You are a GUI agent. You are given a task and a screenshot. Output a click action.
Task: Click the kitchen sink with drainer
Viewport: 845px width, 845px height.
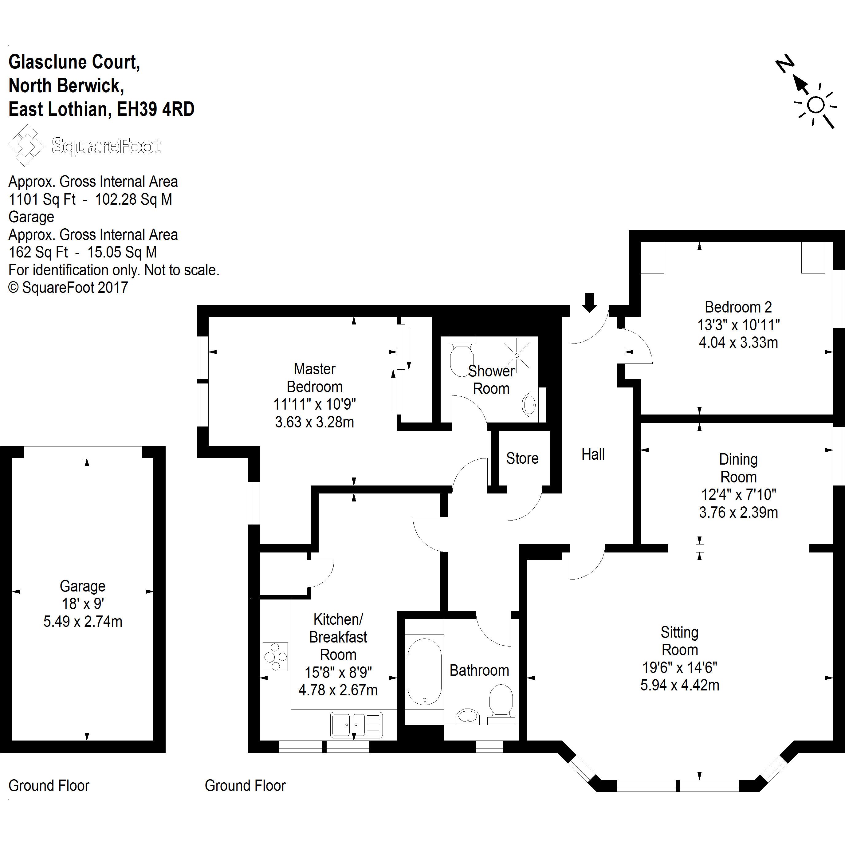(x=356, y=725)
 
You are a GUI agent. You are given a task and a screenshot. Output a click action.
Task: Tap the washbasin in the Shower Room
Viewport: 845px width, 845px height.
(x=530, y=405)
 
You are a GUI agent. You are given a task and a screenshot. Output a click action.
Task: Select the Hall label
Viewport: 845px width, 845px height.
(x=593, y=454)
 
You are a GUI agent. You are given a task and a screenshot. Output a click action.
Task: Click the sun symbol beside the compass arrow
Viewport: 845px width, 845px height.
(x=816, y=105)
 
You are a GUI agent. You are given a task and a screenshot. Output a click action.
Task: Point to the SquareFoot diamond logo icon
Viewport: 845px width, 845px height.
(x=26, y=145)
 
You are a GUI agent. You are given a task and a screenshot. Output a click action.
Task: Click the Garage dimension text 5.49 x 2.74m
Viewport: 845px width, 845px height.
(x=83, y=622)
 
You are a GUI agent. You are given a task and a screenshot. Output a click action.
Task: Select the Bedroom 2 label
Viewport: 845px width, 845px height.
(x=738, y=308)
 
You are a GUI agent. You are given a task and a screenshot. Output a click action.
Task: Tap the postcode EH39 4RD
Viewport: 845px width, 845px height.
(x=156, y=109)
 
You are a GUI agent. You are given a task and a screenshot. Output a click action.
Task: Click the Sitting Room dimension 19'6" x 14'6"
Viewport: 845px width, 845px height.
(x=679, y=667)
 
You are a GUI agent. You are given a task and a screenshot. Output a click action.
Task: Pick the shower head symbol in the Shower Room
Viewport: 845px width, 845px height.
(x=517, y=356)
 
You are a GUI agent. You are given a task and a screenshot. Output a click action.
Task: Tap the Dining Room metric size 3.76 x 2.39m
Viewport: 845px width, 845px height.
(x=738, y=512)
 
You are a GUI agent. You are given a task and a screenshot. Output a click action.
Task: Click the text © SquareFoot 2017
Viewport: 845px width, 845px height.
(x=68, y=288)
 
